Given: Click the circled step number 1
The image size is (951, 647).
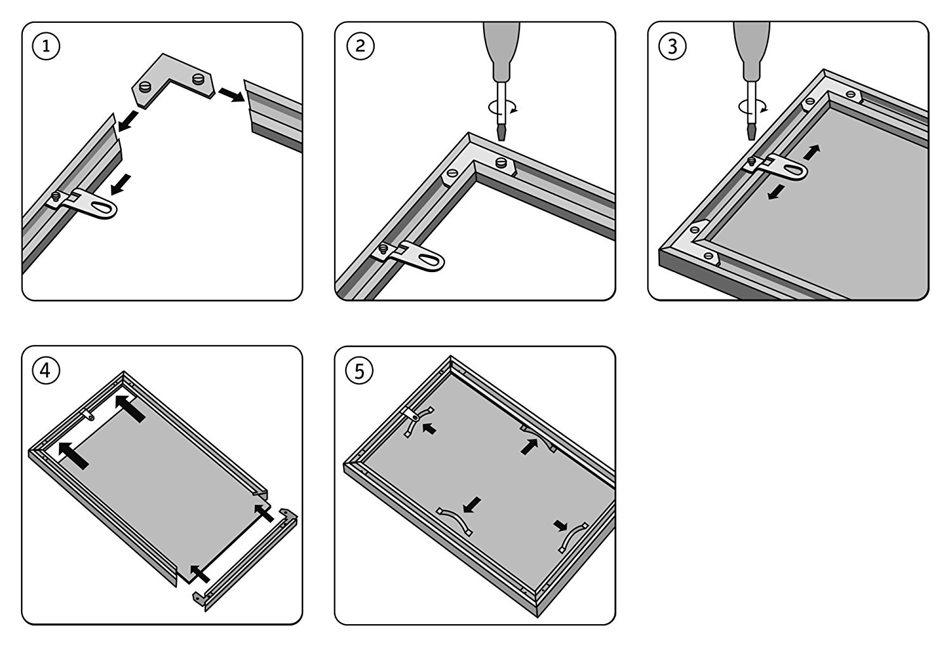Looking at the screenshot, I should click(46, 47).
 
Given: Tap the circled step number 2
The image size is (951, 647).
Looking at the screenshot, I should click(361, 47).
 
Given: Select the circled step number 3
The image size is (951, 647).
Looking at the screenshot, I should click(673, 46).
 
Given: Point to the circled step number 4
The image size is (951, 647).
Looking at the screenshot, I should click(46, 370).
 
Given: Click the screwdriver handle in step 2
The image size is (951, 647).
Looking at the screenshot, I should click(501, 48).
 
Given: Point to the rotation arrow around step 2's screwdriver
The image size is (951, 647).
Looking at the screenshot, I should click(501, 107).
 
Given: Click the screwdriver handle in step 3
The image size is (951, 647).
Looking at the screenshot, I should click(751, 48).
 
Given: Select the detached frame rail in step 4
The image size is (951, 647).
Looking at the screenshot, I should click(247, 558).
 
